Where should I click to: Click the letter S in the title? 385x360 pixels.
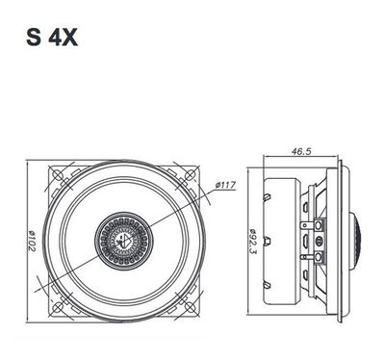pos(34,38)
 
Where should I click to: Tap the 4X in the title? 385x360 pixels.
pos(63,38)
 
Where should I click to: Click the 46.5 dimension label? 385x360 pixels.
pos(301,151)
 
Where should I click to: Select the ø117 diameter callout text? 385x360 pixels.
pos(225,185)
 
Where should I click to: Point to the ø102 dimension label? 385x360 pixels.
pos(32,241)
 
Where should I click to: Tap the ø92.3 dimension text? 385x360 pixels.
pos(252,242)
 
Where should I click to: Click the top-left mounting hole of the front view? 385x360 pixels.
pos(58,175)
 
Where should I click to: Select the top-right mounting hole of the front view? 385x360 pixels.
pos(190,175)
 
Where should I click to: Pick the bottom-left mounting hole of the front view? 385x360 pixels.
pos(58,307)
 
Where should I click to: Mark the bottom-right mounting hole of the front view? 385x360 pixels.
pos(190,307)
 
